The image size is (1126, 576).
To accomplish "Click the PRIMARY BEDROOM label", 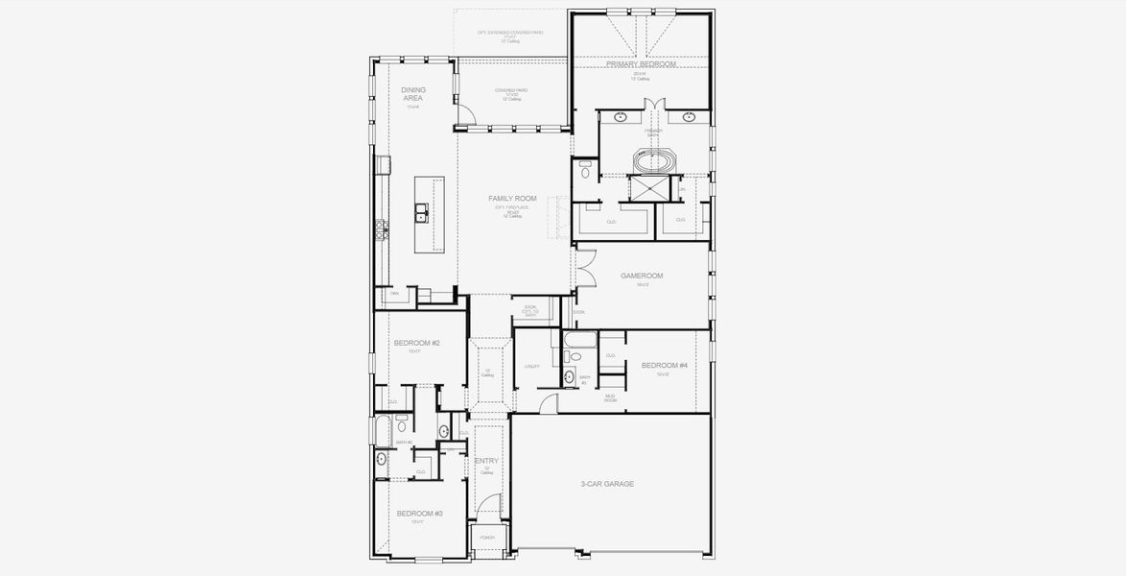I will [x=641, y=64].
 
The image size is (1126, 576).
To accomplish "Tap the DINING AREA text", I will [x=413, y=93].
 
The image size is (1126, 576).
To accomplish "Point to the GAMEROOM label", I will [x=642, y=276].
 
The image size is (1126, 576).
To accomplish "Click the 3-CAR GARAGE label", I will [x=607, y=485].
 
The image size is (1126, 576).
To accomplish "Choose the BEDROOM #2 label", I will [x=416, y=343].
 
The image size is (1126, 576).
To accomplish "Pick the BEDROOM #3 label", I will [x=419, y=514].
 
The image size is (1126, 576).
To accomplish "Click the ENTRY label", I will [x=486, y=462].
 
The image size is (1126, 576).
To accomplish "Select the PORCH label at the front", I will [x=486, y=538].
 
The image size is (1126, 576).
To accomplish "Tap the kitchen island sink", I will [x=420, y=212].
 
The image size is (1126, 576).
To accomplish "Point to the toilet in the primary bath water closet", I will [x=586, y=174].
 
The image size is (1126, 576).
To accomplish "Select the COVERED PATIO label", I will [x=511, y=91].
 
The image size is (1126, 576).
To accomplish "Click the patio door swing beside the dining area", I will [x=464, y=114].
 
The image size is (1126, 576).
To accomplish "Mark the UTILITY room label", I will [x=532, y=366].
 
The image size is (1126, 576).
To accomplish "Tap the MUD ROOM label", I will [x=610, y=396].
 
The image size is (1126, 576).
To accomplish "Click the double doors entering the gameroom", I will [x=584, y=266].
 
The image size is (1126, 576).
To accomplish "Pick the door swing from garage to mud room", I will [x=547, y=403].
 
